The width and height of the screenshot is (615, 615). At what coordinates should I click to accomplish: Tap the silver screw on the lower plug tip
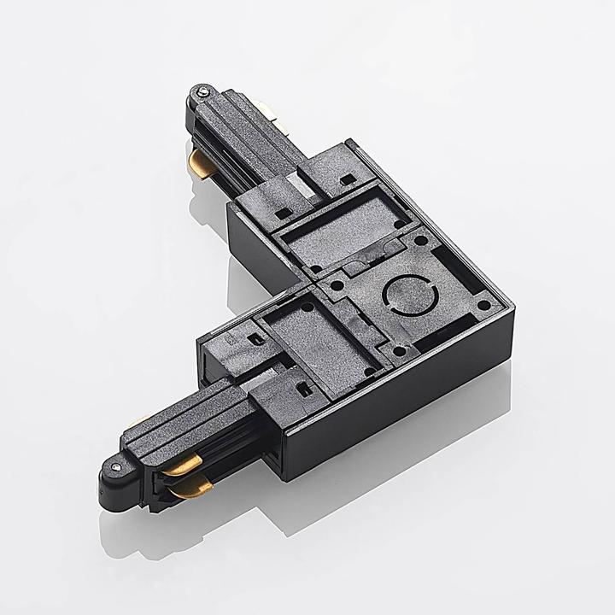coord(114,466)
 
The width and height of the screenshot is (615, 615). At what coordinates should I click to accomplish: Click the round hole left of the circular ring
coord(339,285)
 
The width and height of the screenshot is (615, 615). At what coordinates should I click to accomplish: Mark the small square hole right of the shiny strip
coord(346,180)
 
